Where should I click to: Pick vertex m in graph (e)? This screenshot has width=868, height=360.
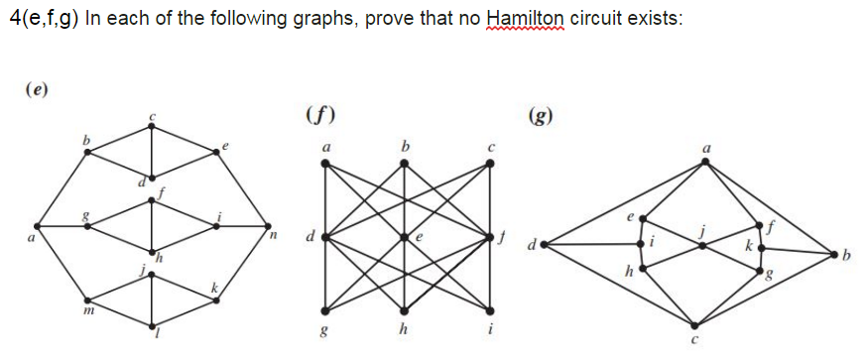click(x=87, y=300)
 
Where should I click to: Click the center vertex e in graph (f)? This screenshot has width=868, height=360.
click(x=406, y=237)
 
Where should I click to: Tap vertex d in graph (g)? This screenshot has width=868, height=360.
click(x=542, y=243)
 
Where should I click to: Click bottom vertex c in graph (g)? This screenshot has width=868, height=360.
click(x=694, y=324)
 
